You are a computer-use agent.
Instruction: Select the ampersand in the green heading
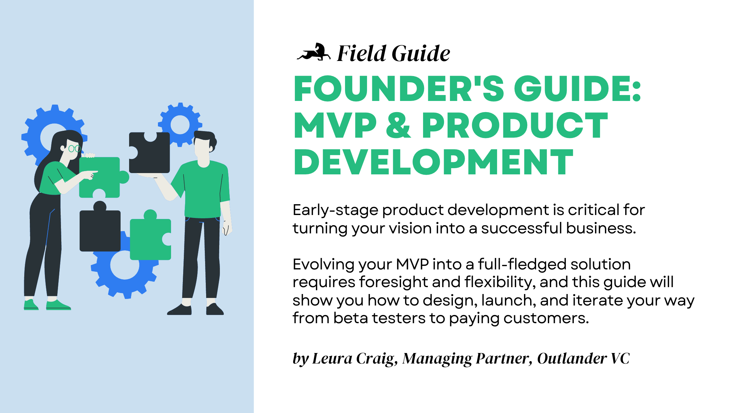tap(398, 126)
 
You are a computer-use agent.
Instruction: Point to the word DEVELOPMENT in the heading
tap(433, 162)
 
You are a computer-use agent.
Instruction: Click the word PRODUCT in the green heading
tap(514, 126)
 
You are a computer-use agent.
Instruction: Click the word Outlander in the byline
tap(572, 358)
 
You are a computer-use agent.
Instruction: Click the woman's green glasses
tap(74, 148)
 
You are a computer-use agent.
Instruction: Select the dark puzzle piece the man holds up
tap(150, 153)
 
